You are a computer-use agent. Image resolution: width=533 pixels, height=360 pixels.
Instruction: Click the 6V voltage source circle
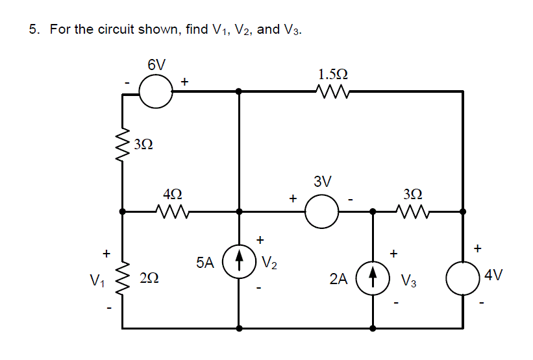pyautogui.click(x=156, y=92)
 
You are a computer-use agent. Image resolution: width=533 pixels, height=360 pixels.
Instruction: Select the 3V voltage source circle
pyautogui.click(x=321, y=211)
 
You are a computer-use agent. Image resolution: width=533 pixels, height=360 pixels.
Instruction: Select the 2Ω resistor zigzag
pyautogui.click(x=123, y=279)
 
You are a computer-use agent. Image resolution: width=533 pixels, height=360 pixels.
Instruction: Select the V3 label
pyautogui.click(x=408, y=281)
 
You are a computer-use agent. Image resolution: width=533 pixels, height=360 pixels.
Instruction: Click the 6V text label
pyautogui.click(x=156, y=65)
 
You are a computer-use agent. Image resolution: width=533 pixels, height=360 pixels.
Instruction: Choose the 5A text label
pyautogui.click(x=205, y=263)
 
